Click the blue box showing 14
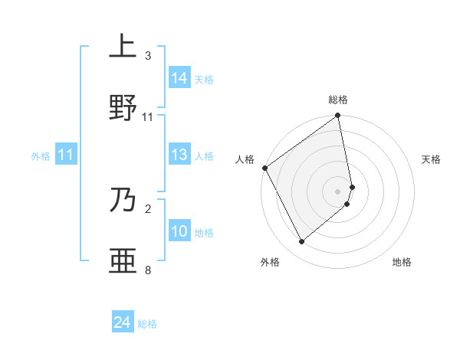179,78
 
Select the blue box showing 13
179,155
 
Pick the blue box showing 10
179,232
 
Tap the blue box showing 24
123,323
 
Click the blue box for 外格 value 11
66,155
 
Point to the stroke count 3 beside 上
148,56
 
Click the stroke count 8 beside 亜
148,270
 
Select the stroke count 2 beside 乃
148,208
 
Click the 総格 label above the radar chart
338,100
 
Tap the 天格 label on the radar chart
431,159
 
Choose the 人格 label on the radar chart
245,159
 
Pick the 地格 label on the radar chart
402,262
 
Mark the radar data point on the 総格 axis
338,117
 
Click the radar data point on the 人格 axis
264,168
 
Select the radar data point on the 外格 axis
302,241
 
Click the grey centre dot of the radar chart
338,191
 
